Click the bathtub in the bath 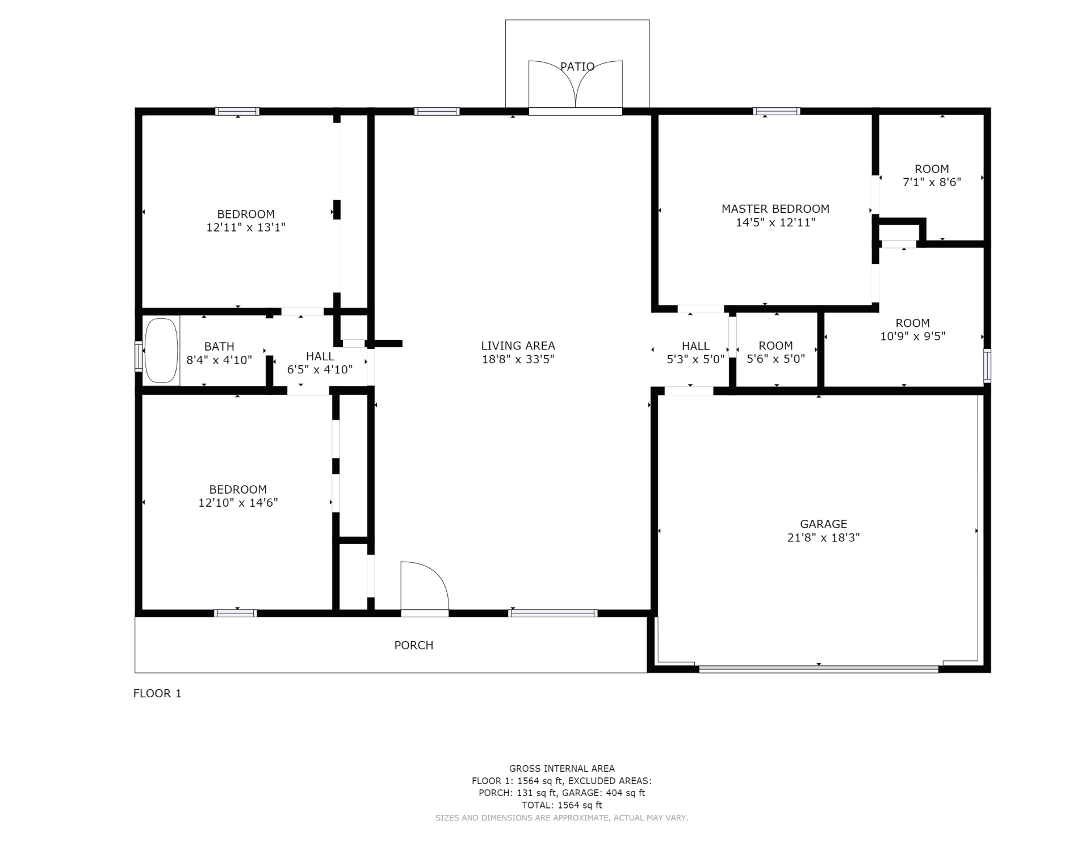(x=161, y=351)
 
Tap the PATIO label (x=577, y=67)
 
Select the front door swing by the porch (x=425, y=586)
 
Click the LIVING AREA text (x=518, y=346)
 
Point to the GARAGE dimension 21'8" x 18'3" (x=823, y=537)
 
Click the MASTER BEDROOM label (x=775, y=209)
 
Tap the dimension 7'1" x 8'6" (x=932, y=182)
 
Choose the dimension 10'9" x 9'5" (x=913, y=336)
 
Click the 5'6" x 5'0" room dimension (x=775, y=359)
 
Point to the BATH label (x=219, y=346)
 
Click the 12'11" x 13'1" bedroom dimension (x=246, y=228)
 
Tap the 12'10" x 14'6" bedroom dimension (x=238, y=503)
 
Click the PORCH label (x=414, y=645)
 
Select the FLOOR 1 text (x=157, y=693)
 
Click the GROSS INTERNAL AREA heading (x=562, y=769)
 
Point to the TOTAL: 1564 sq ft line (x=562, y=805)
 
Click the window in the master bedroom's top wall (x=777, y=111)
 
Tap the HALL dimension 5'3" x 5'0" (x=695, y=359)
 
